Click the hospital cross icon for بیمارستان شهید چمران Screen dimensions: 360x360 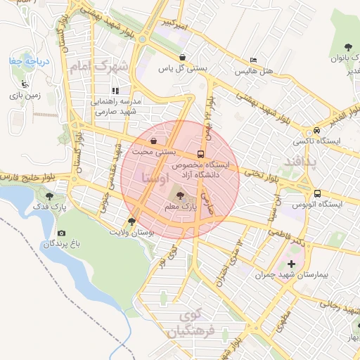coord(292,264)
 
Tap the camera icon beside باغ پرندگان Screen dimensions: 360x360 coord(61,233)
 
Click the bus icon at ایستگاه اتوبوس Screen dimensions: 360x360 coord(317,193)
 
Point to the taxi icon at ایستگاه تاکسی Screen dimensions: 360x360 coord(318,130)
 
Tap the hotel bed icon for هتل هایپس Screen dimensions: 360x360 coord(253,60)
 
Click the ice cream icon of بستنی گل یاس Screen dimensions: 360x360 coord(183,57)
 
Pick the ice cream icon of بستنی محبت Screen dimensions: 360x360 coord(153,141)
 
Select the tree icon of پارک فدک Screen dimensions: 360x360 coord(49,197)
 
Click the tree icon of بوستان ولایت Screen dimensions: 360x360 coord(131,221)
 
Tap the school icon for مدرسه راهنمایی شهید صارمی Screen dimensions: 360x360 coord(116,90)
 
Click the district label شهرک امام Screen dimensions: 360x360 coord(101,67)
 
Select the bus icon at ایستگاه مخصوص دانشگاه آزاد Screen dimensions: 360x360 coord(202,153)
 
